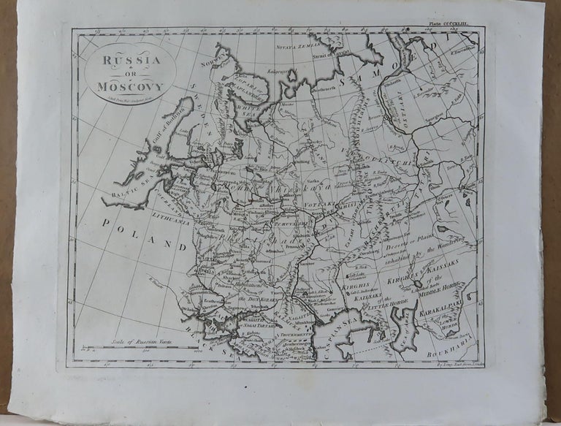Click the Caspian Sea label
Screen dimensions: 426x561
[x=334, y=335]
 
